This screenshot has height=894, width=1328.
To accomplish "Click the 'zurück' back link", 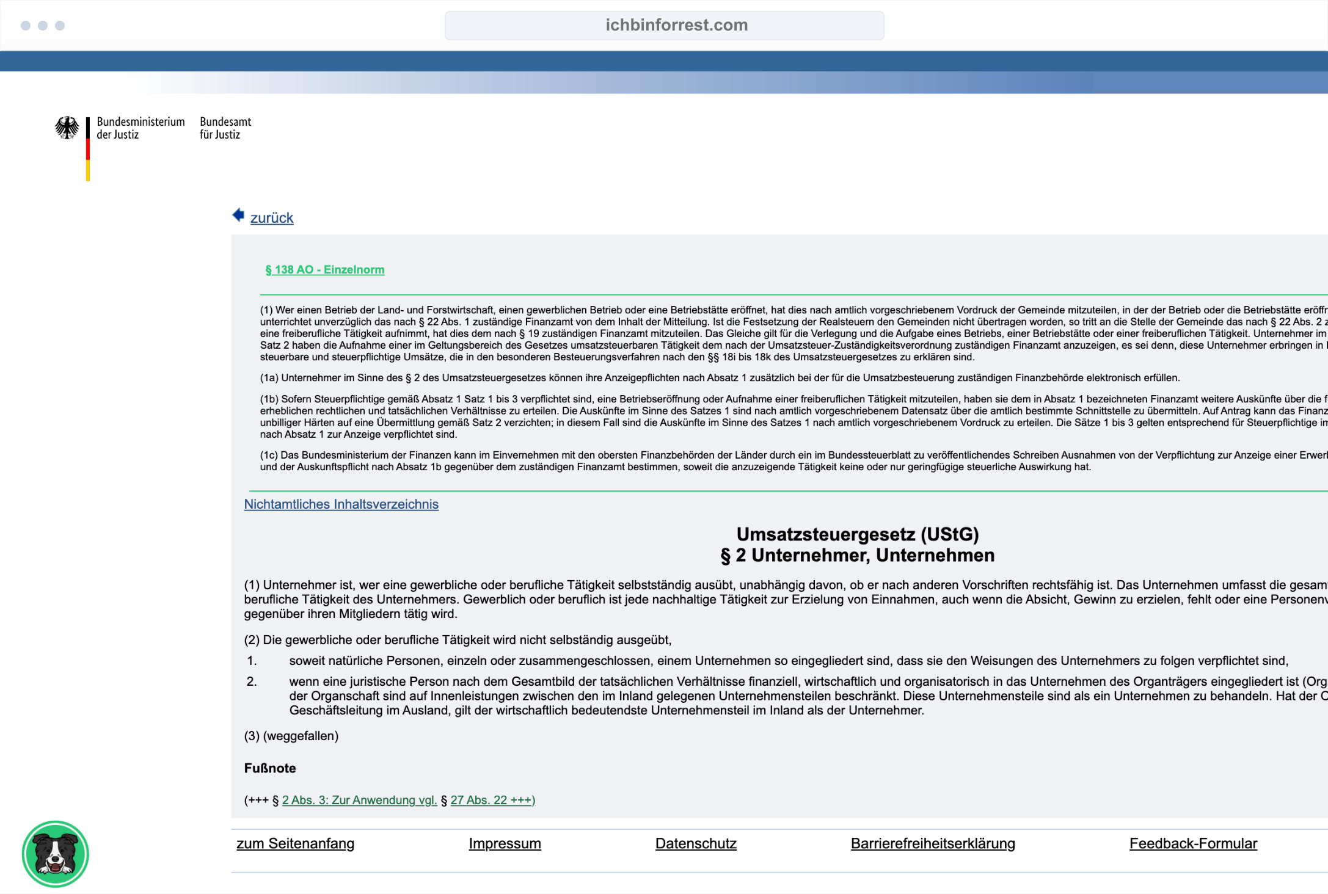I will [x=272, y=218].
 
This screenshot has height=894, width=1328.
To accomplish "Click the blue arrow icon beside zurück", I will [x=238, y=215].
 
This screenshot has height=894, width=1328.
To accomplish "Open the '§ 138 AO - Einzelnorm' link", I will [x=325, y=270].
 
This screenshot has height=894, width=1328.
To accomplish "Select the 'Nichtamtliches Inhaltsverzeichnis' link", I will [x=341, y=504].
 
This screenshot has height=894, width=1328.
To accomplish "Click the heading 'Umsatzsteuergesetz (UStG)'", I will [x=857, y=534].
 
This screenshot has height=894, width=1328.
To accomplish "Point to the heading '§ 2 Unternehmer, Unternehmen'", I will [x=857, y=556].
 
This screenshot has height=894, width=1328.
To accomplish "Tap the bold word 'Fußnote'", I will [x=270, y=768].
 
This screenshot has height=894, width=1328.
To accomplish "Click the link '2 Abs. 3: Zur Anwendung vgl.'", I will [x=359, y=800].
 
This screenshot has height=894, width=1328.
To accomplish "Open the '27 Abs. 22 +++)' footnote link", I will [x=492, y=800].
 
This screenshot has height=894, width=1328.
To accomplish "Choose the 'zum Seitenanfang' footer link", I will [x=295, y=843].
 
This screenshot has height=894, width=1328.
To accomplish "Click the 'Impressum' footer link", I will [x=505, y=843].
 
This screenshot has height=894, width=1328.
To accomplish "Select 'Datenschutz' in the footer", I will [x=696, y=843].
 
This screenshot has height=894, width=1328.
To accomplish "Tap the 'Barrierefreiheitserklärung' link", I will [x=933, y=843].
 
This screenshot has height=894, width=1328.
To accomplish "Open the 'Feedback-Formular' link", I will [x=1193, y=843].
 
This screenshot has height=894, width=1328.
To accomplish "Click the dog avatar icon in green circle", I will [x=56, y=854].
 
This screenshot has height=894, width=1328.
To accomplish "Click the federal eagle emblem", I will [x=67, y=128].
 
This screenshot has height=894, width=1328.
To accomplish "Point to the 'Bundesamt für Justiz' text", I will [x=225, y=128].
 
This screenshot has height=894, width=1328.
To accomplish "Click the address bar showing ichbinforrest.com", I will [x=664, y=26].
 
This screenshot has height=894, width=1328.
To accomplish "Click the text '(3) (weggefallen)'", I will [x=291, y=736].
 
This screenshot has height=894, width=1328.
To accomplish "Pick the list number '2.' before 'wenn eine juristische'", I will [x=252, y=681].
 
